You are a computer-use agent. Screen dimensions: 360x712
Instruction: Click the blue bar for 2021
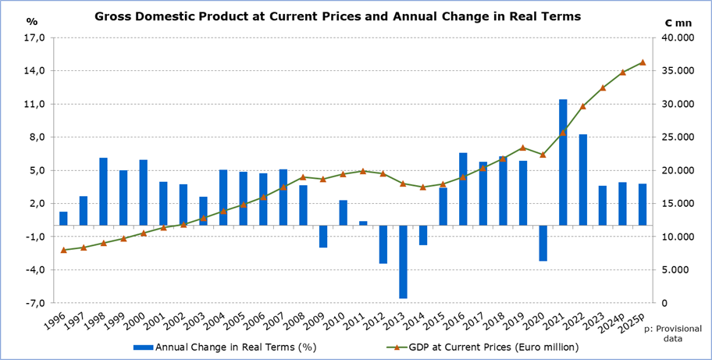tap(563, 162)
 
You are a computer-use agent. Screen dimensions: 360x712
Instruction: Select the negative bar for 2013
tap(403, 262)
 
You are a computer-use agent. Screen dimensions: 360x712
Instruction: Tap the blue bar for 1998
tap(104, 191)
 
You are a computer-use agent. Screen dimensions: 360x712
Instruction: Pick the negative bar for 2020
tap(543, 243)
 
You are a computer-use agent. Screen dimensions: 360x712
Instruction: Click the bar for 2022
tap(582, 180)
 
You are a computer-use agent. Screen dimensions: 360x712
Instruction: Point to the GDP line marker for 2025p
tap(643, 62)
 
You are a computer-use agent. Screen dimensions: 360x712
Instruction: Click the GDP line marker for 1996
tap(63, 250)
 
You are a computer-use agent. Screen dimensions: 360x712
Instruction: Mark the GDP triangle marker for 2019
tap(523, 148)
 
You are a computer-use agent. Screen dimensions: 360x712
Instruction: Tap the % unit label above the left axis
tap(31, 22)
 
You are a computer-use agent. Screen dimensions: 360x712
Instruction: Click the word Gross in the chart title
tap(114, 15)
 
